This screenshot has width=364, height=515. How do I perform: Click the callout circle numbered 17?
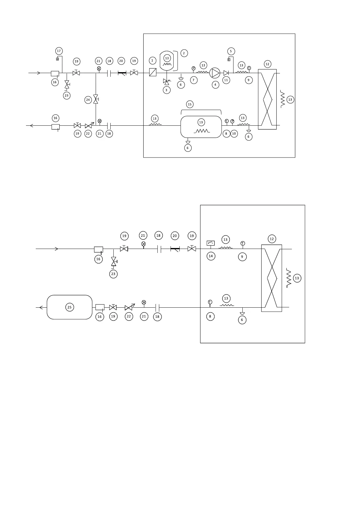pyautogui.click(x=59, y=50)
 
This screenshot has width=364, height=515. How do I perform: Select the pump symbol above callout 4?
pyautogui.click(x=215, y=73)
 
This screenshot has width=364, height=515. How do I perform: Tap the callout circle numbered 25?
pyautogui.click(x=70, y=307)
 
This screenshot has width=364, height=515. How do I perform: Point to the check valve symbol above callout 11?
pyautogui.click(x=226, y=73)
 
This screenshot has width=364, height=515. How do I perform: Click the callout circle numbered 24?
pyautogui.click(x=88, y=100)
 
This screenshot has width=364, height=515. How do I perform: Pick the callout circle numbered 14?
pyautogui.click(x=211, y=256)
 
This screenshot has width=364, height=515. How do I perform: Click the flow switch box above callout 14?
pyautogui.click(x=211, y=243)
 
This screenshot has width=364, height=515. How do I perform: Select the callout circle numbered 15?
pyautogui.click(x=190, y=105)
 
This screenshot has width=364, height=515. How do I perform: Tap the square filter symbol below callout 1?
pyautogui.click(x=153, y=72)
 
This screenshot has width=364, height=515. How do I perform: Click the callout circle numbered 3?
pyautogui.click(x=166, y=90)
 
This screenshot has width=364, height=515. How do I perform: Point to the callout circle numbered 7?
pyautogui.click(x=194, y=80)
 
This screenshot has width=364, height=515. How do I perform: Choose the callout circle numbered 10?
pyautogui.click(x=234, y=134)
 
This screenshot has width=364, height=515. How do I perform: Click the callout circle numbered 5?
pyautogui.click(x=231, y=51)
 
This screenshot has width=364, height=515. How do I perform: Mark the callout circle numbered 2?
pyautogui.click(x=184, y=53)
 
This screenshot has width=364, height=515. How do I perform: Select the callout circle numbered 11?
pyautogui.click(x=226, y=80)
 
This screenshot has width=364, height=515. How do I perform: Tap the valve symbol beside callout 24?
pyautogui.click(x=96, y=99)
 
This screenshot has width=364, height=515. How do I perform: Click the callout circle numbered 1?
pyautogui.click(x=152, y=61)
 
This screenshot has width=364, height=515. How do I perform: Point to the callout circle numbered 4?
pyautogui.click(x=215, y=84)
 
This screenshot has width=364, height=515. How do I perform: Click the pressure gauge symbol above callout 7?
pyautogui.click(x=193, y=68)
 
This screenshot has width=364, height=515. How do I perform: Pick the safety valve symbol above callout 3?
pyautogui.click(x=167, y=82)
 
